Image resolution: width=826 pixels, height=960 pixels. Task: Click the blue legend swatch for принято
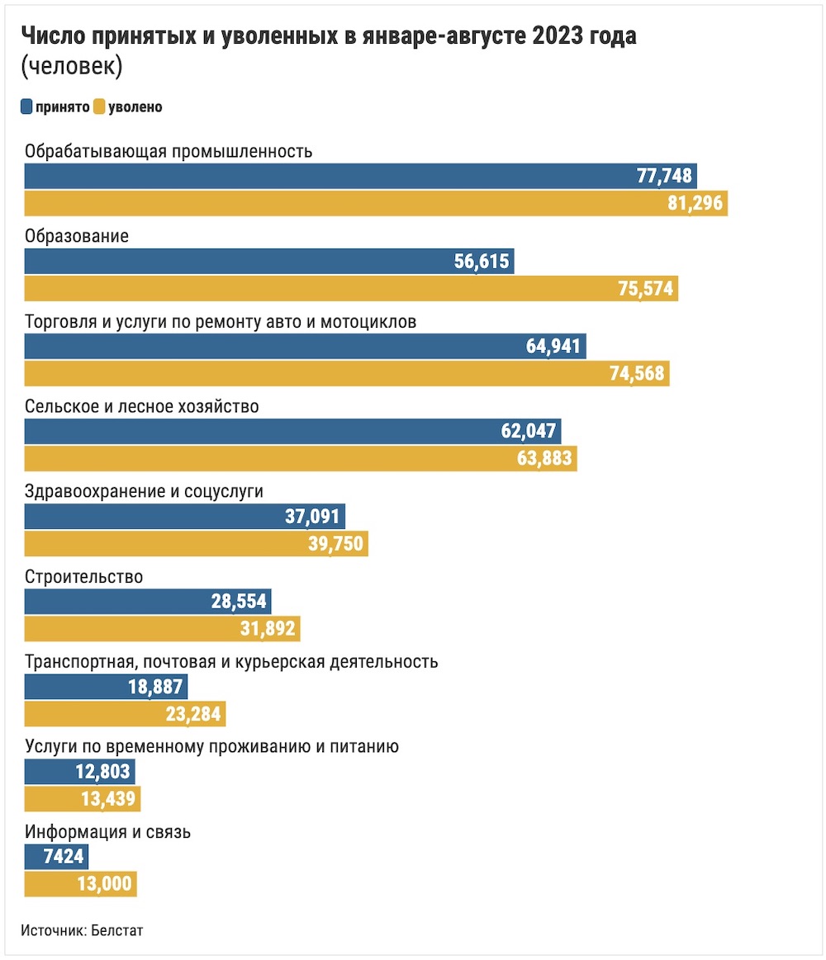pyautogui.click(x=26, y=106)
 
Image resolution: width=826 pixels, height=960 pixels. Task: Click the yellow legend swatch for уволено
pyautogui.click(x=99, y=106)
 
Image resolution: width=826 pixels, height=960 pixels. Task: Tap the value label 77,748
pyautogui.click(x=664, y=176)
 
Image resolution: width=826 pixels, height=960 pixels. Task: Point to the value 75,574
pyautogui.click(x=646, y=289)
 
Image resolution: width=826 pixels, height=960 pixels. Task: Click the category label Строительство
pyautogui.click(x=84, y=576)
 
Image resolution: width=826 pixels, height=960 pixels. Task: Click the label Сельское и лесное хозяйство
pyautogui.click(x=142, y=406)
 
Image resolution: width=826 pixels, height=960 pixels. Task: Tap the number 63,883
pyautogui.click(x=544, y=458)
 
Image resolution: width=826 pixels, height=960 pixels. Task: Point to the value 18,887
pyautogui.click(x=156, y=688)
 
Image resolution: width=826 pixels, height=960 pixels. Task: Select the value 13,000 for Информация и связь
pyautogui.click(x=105, y=884)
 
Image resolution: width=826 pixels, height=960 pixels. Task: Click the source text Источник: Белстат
pyautogui.click(x=82, y=929)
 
